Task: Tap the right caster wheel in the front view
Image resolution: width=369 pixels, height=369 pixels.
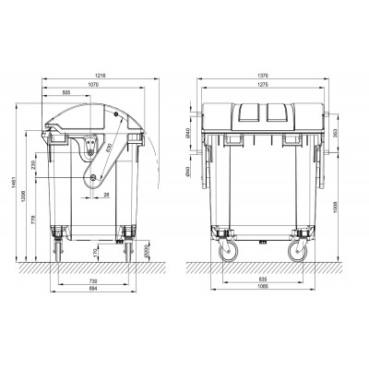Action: point(298,251)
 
